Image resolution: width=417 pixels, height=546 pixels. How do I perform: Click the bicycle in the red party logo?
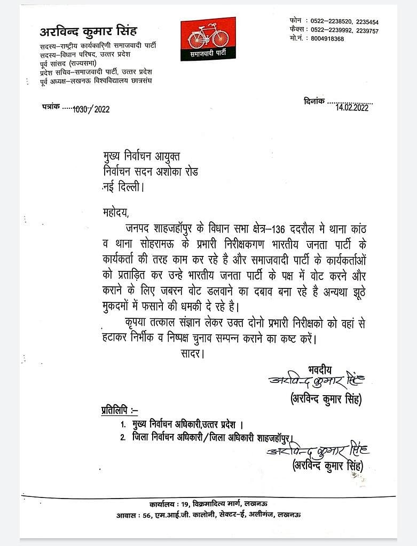point(208,37)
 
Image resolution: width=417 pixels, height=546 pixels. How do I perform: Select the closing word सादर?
point(189,353)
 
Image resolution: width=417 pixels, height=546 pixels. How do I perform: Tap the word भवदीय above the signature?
point(320,368)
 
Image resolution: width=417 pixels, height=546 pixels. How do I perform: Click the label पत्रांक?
point(50,107)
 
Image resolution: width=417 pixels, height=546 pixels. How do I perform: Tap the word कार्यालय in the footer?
point(162,504)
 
